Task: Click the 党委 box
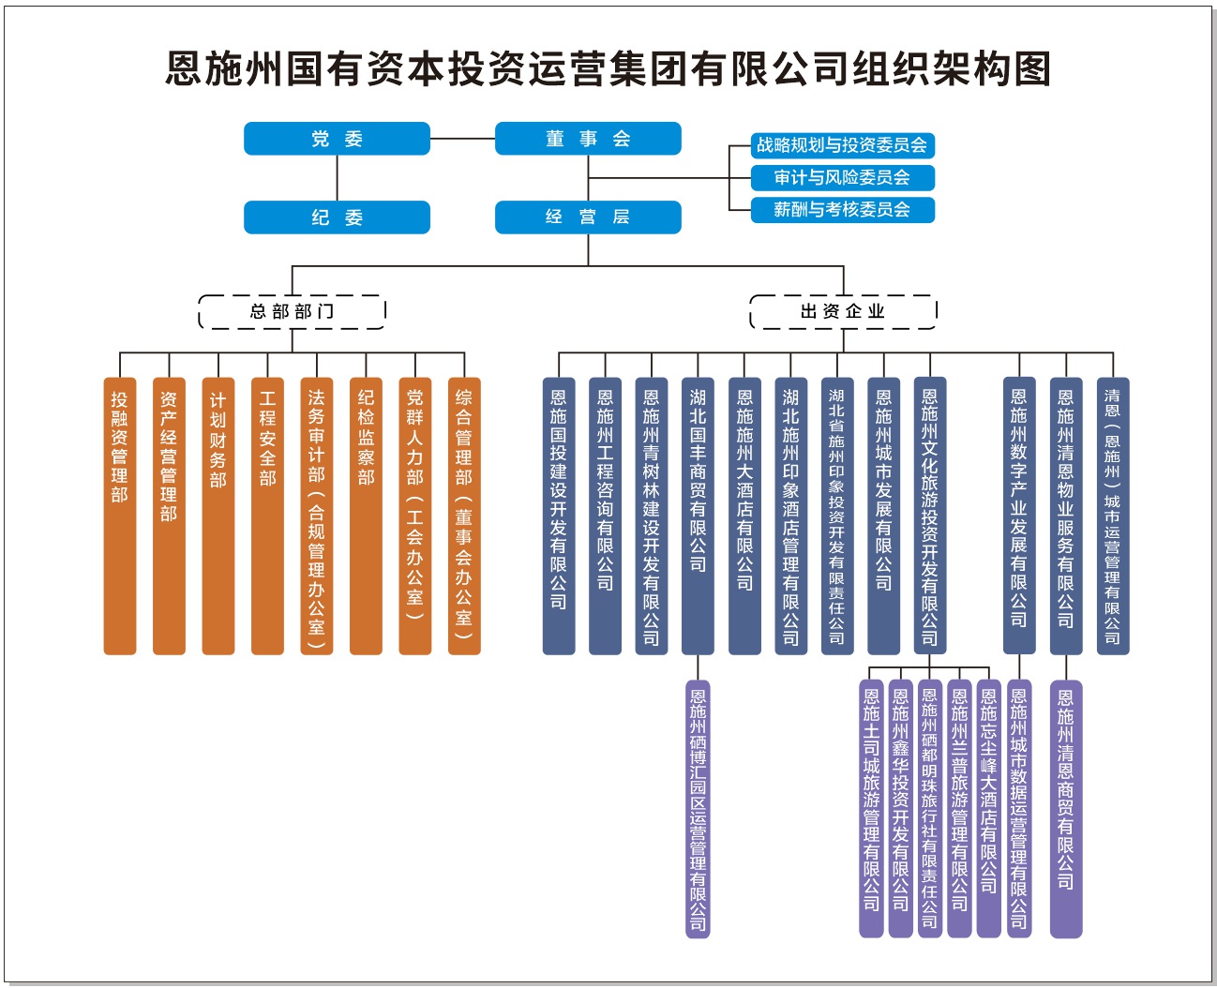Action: click(337, 139)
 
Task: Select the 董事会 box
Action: click(588, 139)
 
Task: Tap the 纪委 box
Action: click(337, 217)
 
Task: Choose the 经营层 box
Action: click(588, 217)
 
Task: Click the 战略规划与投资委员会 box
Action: click(842, 145)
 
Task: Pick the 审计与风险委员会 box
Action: click(842, 177)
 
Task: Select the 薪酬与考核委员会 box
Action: click(842, 210)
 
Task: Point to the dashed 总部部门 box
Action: click(292, 311)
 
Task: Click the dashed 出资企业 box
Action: click(843, 311)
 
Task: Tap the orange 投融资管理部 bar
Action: click(120, 516)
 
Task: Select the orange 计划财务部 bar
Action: click(218, 516)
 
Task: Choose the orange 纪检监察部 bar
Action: click(366, 516)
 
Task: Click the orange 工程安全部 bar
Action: click(267, 516)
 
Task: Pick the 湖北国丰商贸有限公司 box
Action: click(698, 516)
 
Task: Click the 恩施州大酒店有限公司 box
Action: click(744, 516)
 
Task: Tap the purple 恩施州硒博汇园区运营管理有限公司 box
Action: click(698, 809)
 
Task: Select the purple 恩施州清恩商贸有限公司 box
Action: click(1065, 809)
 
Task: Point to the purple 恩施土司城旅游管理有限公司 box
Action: click(872, 809)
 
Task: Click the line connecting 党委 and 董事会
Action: click(462, 139)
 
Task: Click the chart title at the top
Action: click(608, 68)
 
